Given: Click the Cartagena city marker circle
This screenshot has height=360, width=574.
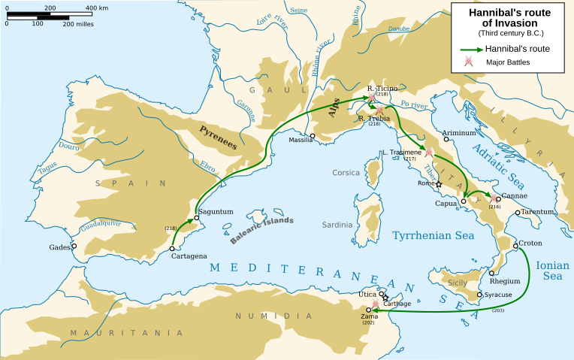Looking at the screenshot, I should click(x=172, y=248).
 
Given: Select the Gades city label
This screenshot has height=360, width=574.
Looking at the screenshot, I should click(x=60, y=247).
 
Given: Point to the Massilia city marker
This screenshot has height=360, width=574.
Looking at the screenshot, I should click(x=313, y=136).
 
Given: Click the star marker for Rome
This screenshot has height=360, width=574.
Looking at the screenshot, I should click(x=439, y=184).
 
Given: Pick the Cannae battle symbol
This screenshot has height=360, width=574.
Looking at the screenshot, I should click(x=494, y=199).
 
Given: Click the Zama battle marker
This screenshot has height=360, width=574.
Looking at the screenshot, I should click(x=376, y=304).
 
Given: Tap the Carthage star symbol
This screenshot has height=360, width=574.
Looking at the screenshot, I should click(x=386, y=298).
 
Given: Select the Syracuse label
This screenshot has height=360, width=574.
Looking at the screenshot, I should click(x=499, y=295).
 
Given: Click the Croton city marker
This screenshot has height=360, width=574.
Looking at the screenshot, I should click(x=515, y=246).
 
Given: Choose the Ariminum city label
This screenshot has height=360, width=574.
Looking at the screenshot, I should click(x=459, y=132).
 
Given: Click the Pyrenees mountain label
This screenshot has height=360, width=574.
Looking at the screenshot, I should click(x=217, y=135).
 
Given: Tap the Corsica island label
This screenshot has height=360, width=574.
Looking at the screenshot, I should click(x=346, y=173).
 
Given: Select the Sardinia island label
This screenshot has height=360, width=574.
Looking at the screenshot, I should click(x=337, y=225).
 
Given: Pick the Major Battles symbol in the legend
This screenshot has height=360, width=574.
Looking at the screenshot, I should click(x=470, y=62).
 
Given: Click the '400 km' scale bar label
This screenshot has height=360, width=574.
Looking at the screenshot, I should click(x=96, y=8).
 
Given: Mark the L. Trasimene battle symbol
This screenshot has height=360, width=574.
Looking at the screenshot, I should click(x=429, y=153).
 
